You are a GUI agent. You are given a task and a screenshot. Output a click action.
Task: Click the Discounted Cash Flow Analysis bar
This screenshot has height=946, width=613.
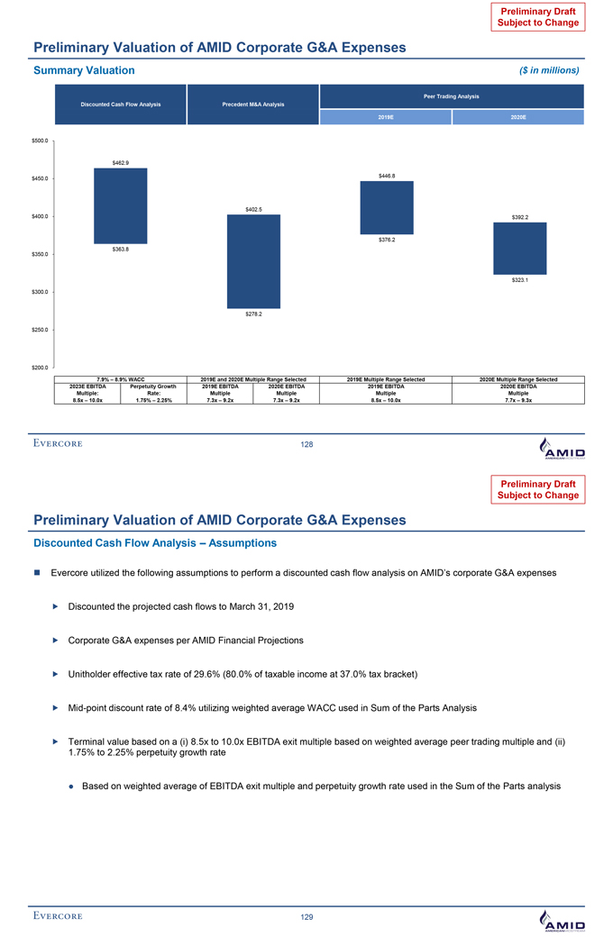pyautogui.click(x=120, y=205)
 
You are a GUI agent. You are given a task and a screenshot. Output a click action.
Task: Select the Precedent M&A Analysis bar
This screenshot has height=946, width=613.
pyautogui.click(x=253, y=261)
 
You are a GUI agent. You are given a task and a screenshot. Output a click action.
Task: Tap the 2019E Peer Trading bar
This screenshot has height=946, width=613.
pyautogui.click(x=387, y=207)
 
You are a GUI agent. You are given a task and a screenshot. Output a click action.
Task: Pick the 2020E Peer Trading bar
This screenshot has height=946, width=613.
pyautogui.click(x=519, y=248)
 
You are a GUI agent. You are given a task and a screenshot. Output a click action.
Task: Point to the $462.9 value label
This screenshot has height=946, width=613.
pyautogui.click(x=120, y=162)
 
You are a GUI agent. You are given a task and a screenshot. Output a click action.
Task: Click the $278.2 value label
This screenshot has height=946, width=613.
pyautogui.click(x=253, y=314)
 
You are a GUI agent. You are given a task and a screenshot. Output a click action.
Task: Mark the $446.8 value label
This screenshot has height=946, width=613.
pyautogui.click(x=387, y=176)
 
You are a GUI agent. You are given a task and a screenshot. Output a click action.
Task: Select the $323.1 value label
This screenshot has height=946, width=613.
pyautogui.click(x=520, y=279)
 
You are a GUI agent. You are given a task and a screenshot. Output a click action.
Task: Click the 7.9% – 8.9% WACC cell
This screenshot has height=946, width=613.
pyautogui.click(x=120, y=379)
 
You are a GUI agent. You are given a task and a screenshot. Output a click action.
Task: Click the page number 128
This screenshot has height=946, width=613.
pyautogui.click(x=306, y=445)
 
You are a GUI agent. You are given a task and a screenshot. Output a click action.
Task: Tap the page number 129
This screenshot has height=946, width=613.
pyautogui.click(x=306, y=916)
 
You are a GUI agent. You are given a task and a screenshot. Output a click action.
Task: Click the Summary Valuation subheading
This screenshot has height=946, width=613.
pyautogui.click(x=84, y=70)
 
